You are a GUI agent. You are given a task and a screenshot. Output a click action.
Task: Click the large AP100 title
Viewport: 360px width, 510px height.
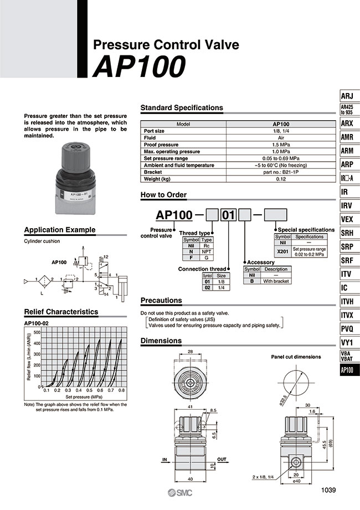138,67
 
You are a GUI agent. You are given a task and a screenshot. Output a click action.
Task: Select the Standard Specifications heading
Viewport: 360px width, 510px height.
182,107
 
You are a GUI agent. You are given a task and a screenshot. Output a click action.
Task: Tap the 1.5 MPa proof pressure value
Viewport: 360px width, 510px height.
280,145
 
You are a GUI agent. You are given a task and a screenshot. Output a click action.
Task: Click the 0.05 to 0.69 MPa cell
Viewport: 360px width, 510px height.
280,158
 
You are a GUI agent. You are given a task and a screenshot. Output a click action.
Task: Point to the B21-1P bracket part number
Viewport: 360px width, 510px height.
280,172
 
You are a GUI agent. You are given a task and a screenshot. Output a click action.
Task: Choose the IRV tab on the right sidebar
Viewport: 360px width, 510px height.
347,205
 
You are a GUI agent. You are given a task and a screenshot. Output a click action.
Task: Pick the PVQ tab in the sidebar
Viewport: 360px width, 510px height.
347,329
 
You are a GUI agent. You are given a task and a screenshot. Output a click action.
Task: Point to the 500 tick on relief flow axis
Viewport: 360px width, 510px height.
38,332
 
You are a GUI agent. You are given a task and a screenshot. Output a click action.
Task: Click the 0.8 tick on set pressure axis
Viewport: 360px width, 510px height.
121,390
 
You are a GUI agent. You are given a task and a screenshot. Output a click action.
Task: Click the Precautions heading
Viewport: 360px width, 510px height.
161,300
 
